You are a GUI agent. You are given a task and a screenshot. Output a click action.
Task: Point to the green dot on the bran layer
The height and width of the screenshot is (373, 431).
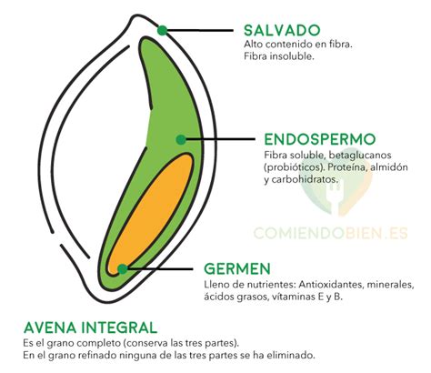pos(162,30)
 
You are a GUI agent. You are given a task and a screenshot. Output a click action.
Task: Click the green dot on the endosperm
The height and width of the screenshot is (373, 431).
pos(181,139)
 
